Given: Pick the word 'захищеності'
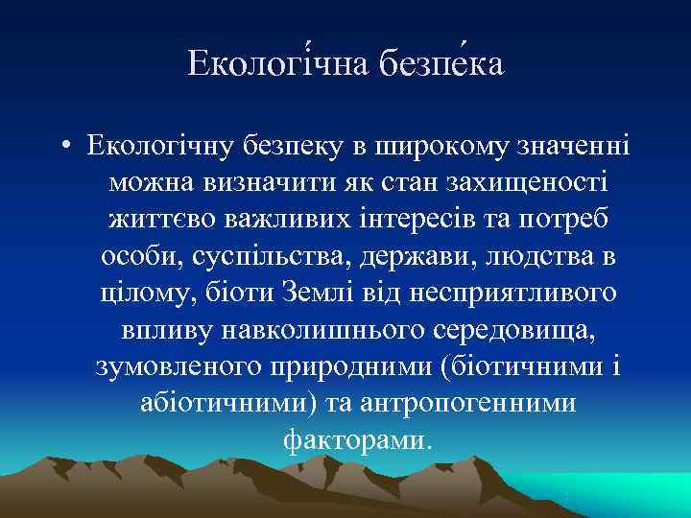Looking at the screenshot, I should click(526, 182).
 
